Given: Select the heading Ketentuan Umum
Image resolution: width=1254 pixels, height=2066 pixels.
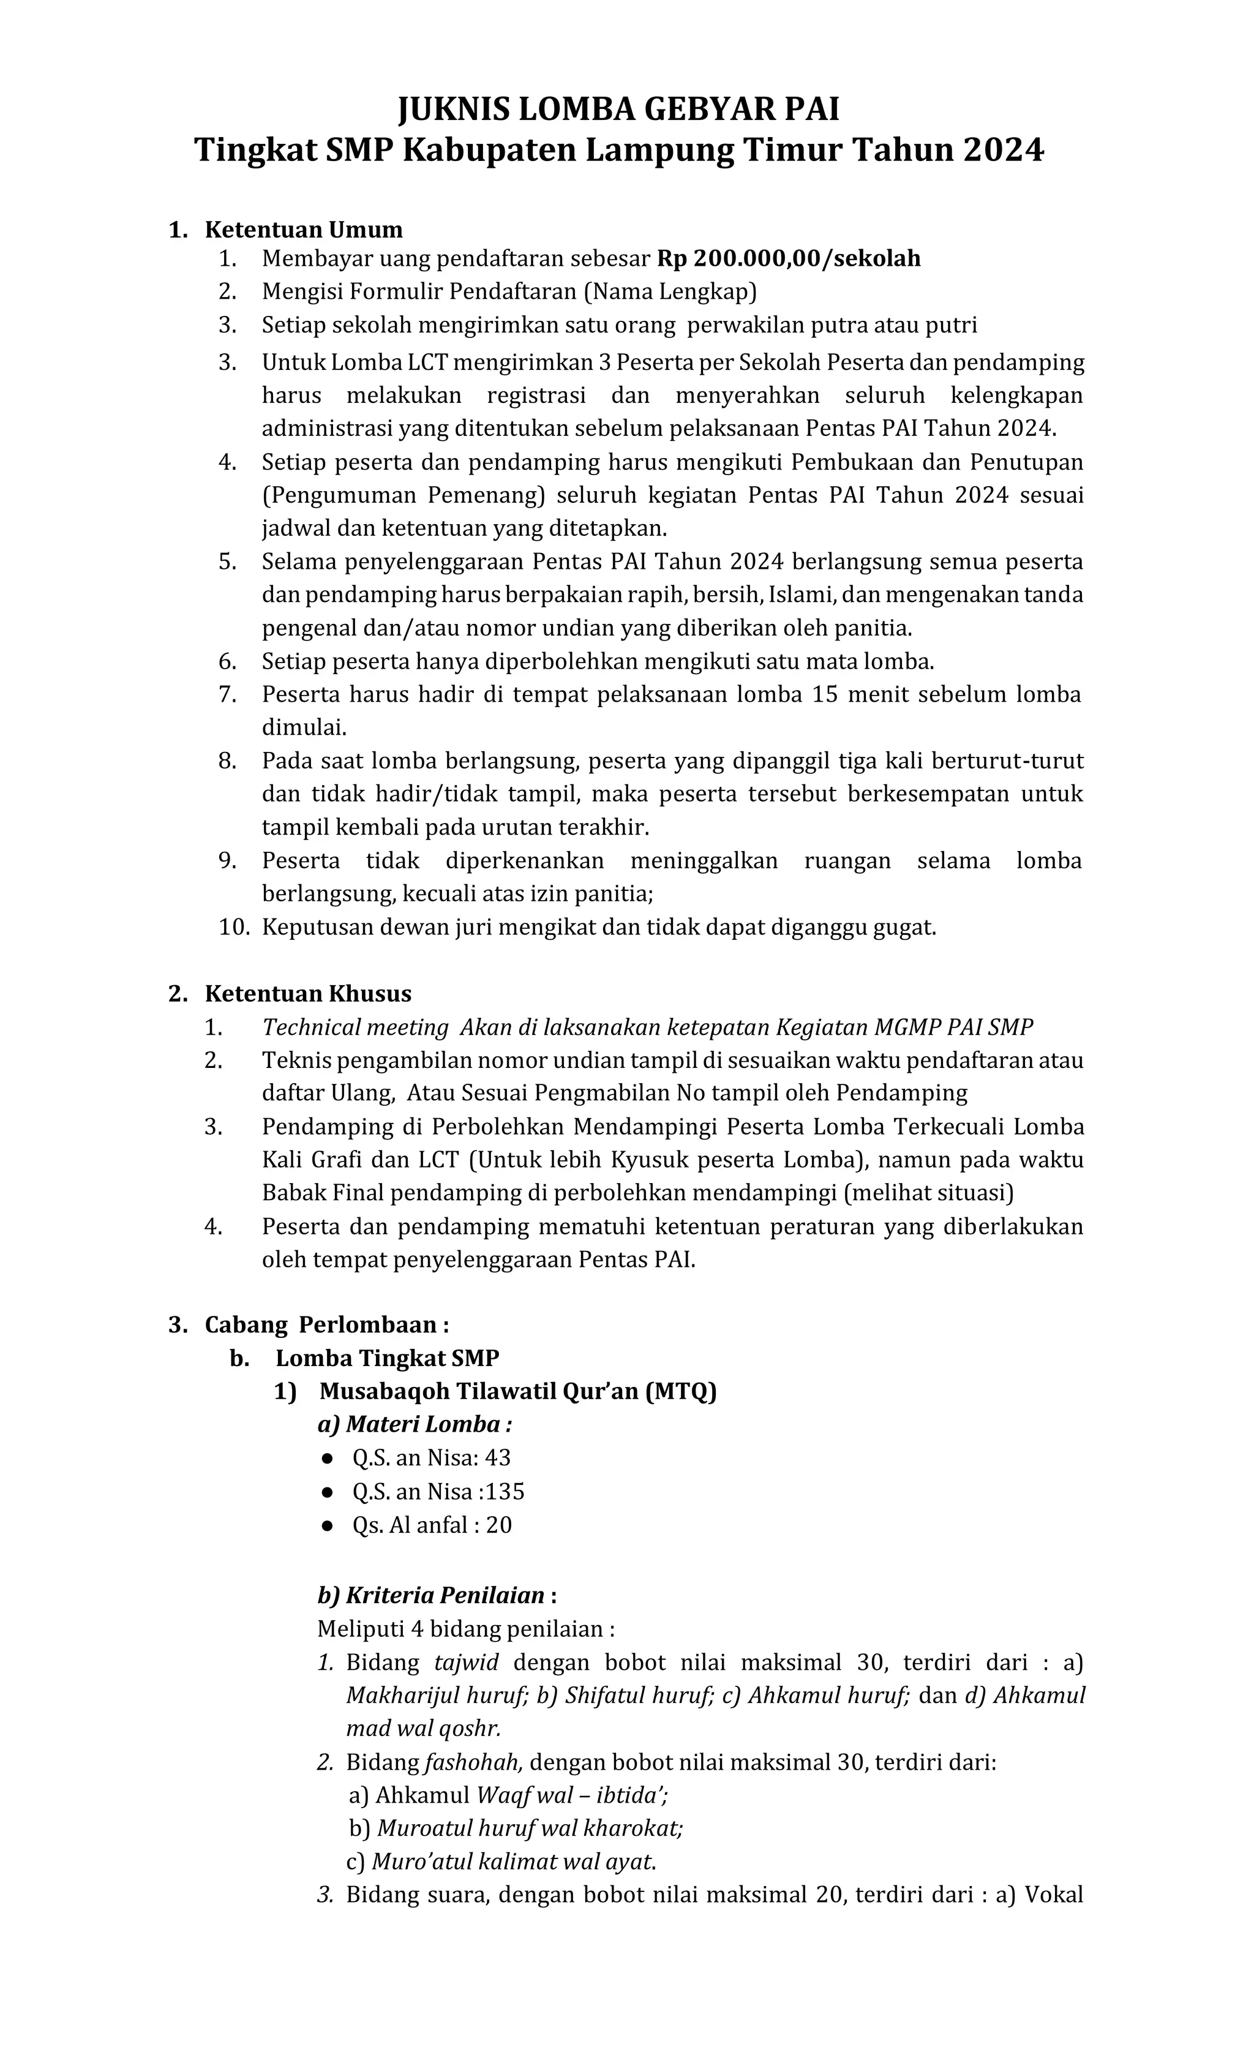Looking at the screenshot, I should pyautogui.click(x=304, y=230).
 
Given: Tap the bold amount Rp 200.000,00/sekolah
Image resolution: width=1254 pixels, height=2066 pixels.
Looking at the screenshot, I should pyautogui.click(x=788, y=258).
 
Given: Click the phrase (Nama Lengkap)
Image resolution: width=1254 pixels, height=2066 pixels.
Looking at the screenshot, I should pyautogui.click(x=670, y=292).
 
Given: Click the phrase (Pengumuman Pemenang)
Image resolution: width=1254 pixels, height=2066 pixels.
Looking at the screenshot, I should pyautogui.click(x=403, y=495).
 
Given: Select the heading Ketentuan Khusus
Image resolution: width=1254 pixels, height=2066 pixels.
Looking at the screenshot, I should pyautogui.click(x=307, y=994).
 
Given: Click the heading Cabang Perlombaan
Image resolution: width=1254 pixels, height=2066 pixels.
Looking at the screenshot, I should pyautogui.click(x=325, y=1326).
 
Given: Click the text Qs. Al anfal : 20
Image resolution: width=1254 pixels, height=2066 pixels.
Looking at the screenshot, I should pyautogui.click(x=432, y=1526).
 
